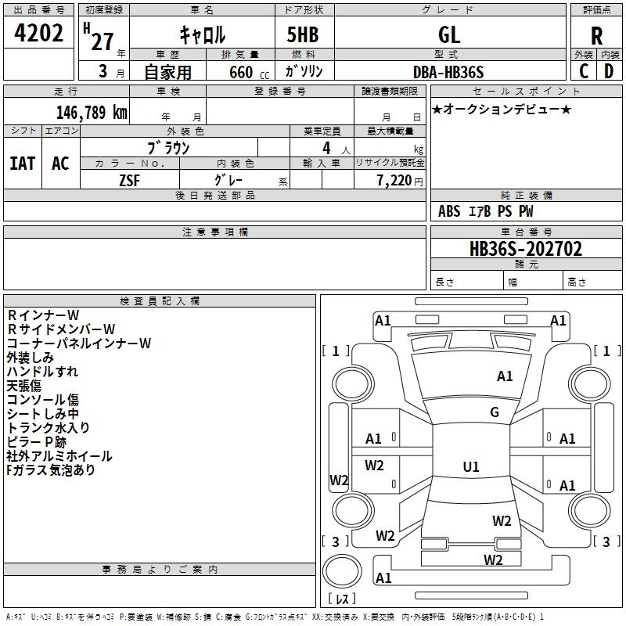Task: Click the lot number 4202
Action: tap(38, 33)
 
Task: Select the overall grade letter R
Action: tap(596, 36)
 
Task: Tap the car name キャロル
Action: tap(203, 34)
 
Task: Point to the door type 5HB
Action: tap(303, 34)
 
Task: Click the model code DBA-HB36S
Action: tap(448, 72)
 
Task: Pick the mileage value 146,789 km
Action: tap(92, 113)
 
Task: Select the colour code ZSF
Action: tap(129, 181)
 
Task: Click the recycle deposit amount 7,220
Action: tap(394, 181)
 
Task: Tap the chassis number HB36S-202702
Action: tap(526, 249)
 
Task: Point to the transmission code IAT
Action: tap(22, 164)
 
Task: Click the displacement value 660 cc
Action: tap(249, 73)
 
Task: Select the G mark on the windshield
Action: tap(495, 412)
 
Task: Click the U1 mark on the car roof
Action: tap(471, 466)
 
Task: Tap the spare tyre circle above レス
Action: tap(342, 571)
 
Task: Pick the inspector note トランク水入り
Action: tap(48, 427)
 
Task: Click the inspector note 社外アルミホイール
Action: tap(59, 456)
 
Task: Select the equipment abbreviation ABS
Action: tap(449, 211)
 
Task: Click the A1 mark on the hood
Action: tap(505, 376)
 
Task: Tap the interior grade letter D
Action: tap(609, 71)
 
